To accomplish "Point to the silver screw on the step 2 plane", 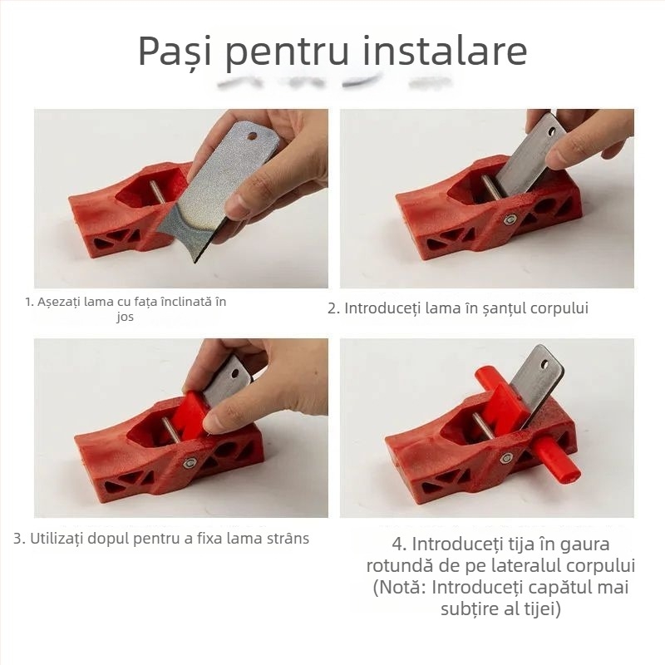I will [509, 219].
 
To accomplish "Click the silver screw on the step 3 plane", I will [190, 462].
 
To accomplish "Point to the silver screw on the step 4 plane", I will [505, 457].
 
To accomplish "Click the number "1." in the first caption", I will [30, 302].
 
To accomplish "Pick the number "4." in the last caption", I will [400, 545].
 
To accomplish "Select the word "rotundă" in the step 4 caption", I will [400, 566].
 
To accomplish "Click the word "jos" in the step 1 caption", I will [126, 318].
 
